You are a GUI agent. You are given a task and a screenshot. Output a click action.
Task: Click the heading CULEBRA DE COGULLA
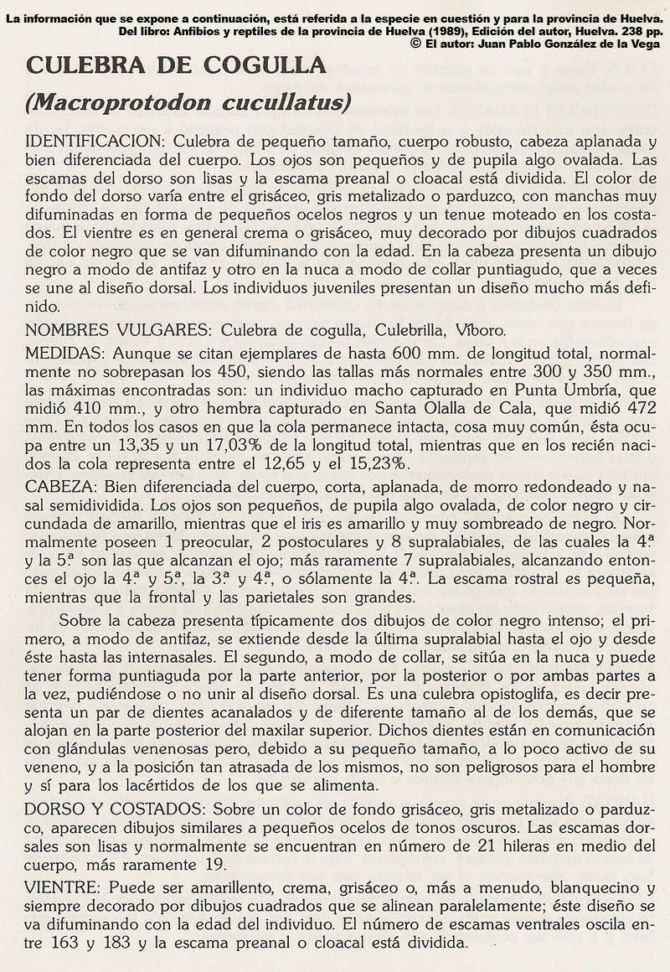point(176,65)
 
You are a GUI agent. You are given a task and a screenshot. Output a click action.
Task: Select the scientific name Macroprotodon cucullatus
point(188,103)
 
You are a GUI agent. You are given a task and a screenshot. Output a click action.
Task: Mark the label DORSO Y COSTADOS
point(116,809)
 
